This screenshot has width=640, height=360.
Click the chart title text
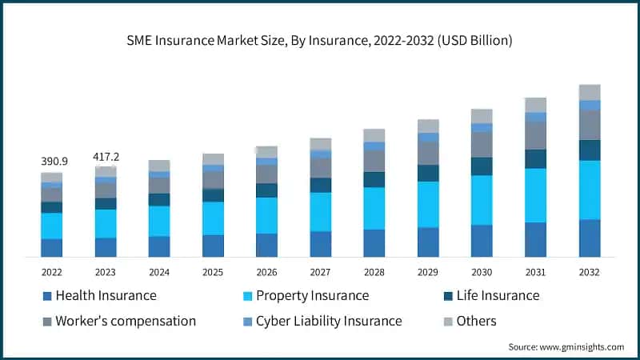[x=320, y=39]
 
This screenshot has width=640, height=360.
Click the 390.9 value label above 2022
[x=54, y=161]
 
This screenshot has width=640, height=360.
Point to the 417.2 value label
[x=106, y=155]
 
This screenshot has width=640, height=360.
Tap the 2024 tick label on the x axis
[x=159, y=272]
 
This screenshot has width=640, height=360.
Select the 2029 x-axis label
[x=428, y=272]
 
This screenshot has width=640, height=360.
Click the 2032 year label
[x=590, y=272]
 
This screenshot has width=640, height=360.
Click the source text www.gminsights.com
[x=566, y=346]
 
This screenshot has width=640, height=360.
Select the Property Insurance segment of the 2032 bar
[x=590, y=190]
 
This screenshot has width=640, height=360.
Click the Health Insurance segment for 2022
[x=52, y=247]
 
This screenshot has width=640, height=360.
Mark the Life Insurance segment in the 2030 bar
[x=482, y=166]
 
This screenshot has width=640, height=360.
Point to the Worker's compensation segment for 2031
[x=535, y=135]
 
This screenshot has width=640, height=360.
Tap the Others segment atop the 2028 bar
[x=374, y=135]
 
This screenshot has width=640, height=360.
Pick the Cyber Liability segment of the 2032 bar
[x=590, y=105]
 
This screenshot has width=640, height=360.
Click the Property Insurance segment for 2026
[x=266, y=215]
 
